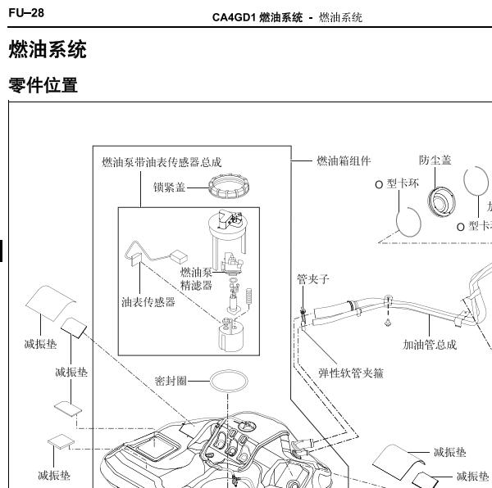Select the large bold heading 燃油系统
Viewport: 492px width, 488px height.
pyautogui.click(x=47, y=51)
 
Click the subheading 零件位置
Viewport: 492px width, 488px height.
pyautogui.click(x=43, y=85)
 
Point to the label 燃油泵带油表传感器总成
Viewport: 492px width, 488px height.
pyautogui.click(x=161, y=163)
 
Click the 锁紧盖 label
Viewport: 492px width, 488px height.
pyautogui.click(x=169, y=187)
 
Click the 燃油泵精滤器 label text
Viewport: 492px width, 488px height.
pyautogui.click(x=196, y=278)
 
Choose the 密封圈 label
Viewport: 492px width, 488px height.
pyautogui.click(x=171, y=381)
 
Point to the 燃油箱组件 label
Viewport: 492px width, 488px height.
pyautogui.click(x=344, y=161)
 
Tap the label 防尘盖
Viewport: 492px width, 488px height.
pyautogui.click(x=435, y=160)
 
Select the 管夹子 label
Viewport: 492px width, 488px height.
pyautogui.click(x=312, y=278)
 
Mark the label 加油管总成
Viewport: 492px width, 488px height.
pyautogui.click(x=429, y=345)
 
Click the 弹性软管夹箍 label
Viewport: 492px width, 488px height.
pyautogui.click(x=351, y=373)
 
